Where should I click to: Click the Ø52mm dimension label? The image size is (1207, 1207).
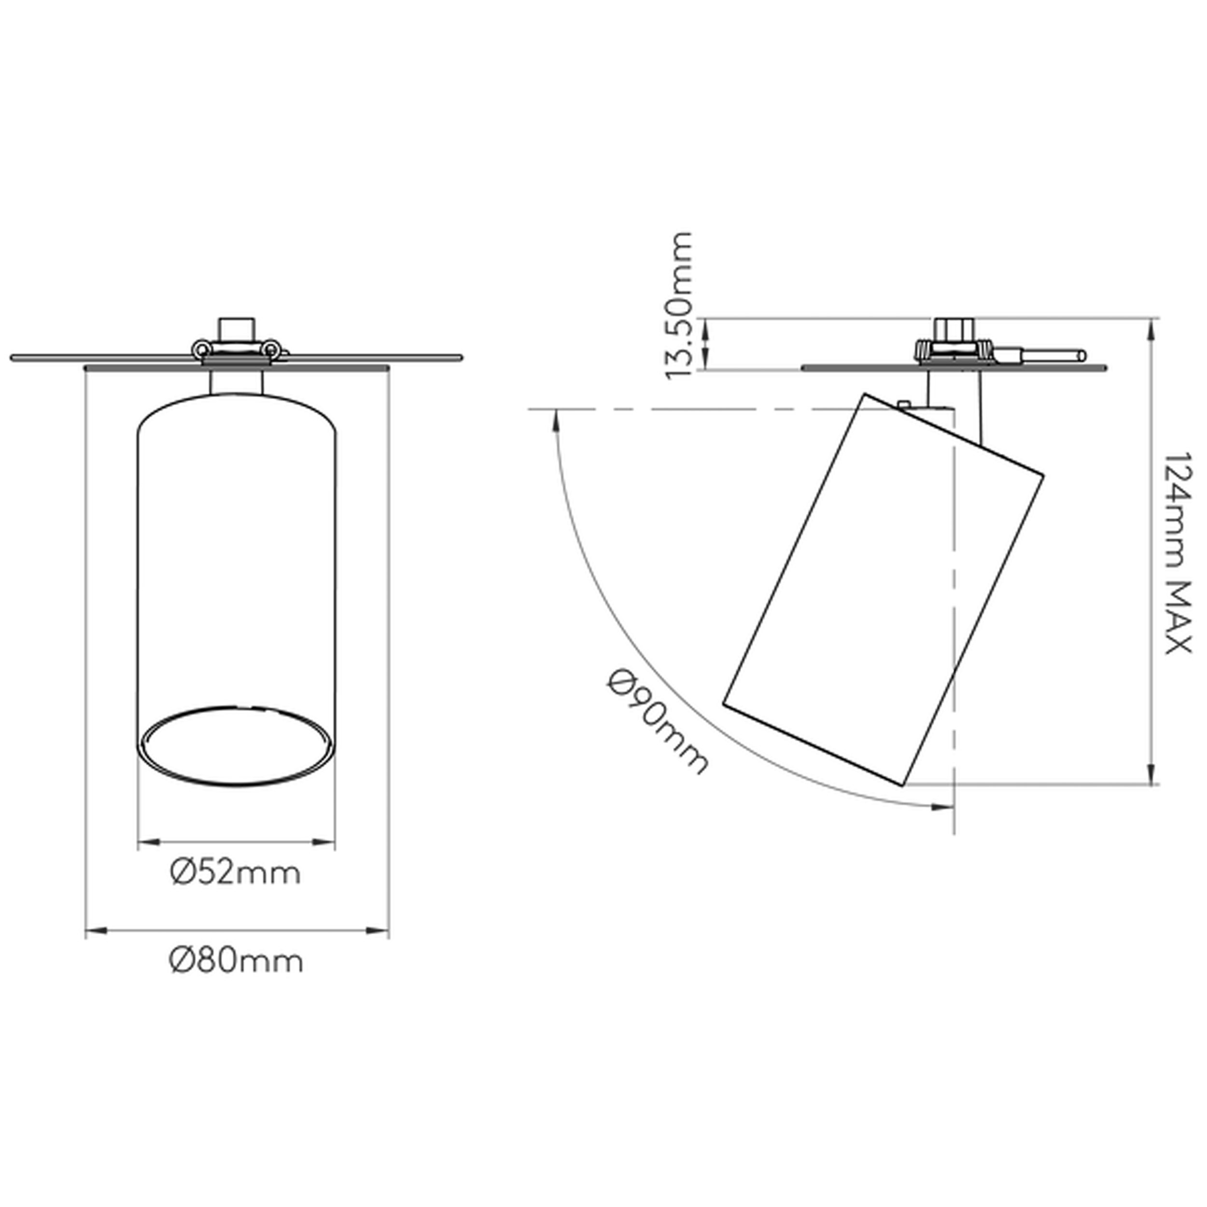tap(236, 873)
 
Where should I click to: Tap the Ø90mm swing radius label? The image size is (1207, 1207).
tap(657, 722)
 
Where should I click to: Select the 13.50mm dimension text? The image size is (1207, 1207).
tap(679, 305)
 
